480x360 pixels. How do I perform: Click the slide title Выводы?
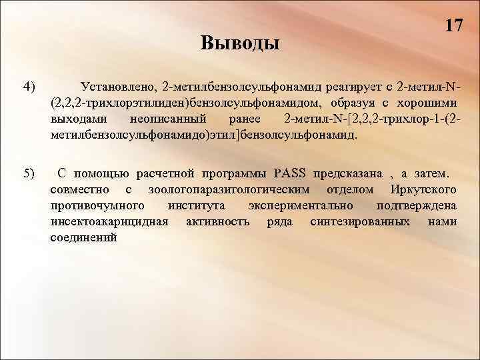(x=240, y=43)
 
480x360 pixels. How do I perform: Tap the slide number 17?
(x=453, y=26)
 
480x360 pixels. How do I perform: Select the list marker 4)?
(x=28, y=86)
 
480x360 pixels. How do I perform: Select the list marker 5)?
(x=28, y=174)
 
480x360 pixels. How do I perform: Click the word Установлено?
(x=116, y=87)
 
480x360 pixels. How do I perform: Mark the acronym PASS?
(x=289, y=174)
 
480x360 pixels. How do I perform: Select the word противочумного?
(x=98, y=206)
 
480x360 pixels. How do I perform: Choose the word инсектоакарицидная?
(x=109, y=222)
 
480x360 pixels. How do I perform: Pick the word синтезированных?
(x=362, y=222)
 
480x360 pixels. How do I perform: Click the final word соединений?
(x=83, y=238)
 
